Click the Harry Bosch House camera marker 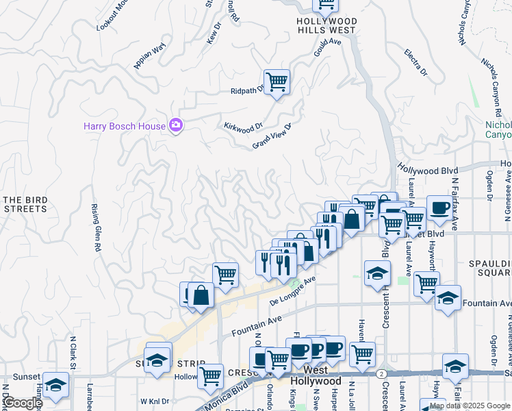176,125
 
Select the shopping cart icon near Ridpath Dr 277,82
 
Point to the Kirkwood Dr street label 243,126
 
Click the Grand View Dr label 272,136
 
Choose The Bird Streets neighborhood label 26,204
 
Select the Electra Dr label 415,62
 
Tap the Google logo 22,403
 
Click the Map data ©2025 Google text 470,406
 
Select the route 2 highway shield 380,373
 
